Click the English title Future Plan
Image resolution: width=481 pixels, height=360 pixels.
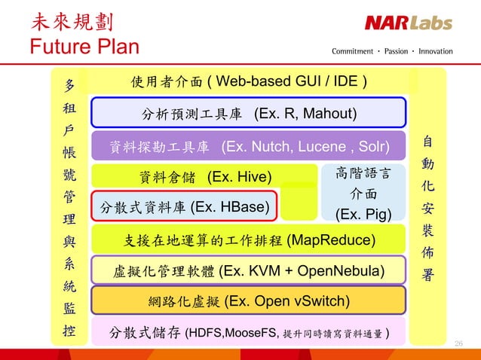(84, 47)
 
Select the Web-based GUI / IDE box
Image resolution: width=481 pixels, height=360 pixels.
(248, 81)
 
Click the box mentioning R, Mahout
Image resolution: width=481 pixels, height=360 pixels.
(248, 114)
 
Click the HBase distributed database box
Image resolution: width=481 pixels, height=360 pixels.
(183, 206)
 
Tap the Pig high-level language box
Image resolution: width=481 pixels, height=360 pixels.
(363, 194)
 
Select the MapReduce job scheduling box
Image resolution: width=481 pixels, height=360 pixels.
(248, 240)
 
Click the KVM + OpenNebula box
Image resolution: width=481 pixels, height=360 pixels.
(248, 270)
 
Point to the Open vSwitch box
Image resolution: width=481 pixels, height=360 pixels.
(248, 301)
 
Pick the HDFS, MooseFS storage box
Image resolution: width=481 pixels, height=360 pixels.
(248, 332)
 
